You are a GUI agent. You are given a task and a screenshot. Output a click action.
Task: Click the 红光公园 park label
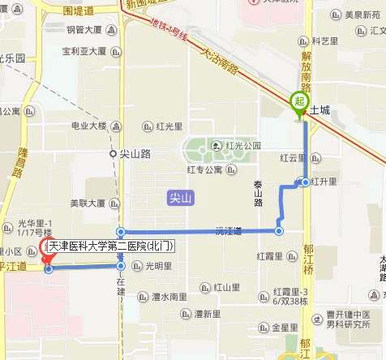242,146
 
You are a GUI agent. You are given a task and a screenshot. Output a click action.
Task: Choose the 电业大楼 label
88,126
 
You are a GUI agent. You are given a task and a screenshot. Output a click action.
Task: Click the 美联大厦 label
87,204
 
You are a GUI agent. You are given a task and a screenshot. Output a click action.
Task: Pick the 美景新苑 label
362,15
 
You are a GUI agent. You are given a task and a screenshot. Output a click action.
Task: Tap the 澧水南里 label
169,298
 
